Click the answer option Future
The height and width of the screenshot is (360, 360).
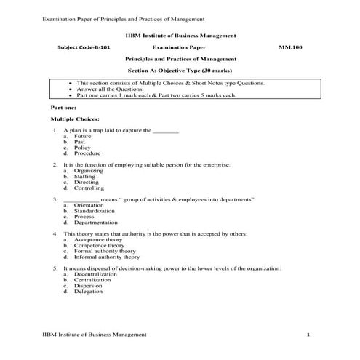82,136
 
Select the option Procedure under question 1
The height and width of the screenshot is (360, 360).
87,153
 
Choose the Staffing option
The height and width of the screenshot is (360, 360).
84,177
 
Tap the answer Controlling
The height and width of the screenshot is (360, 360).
89,188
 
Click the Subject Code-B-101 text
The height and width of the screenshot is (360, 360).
85,47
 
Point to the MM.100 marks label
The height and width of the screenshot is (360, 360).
289,47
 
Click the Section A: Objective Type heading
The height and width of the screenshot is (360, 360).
180,72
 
